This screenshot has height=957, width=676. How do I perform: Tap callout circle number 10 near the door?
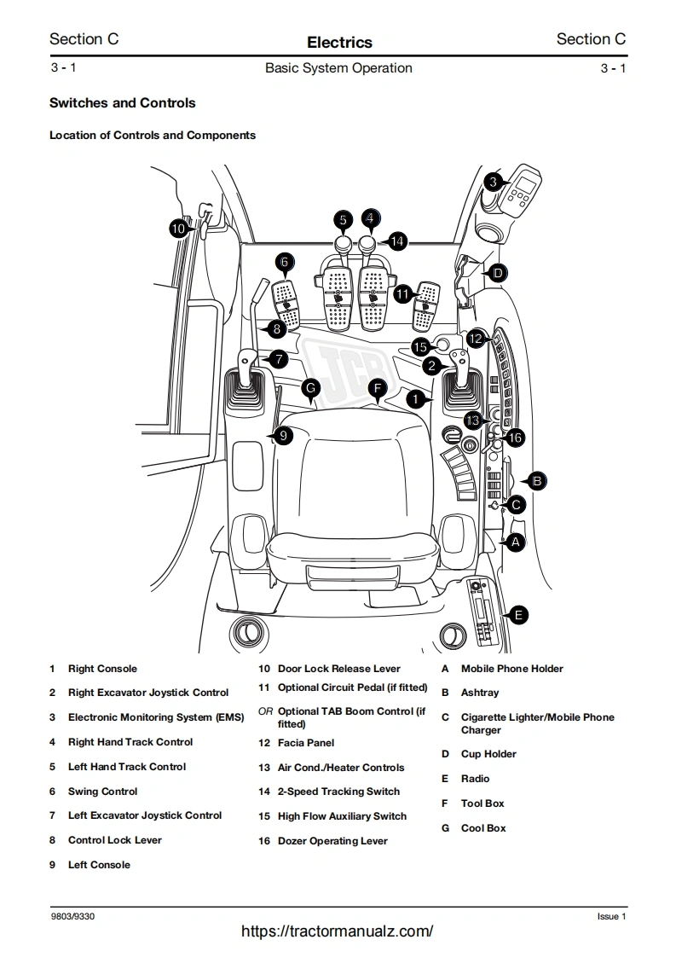point(178,229)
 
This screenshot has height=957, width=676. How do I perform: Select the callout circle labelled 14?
point(397,241)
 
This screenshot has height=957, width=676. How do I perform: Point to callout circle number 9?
point(284,436)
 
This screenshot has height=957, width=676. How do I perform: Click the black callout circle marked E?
point(517,614)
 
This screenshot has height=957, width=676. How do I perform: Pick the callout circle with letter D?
point(498,274)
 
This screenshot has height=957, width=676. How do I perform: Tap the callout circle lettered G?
point(311,387)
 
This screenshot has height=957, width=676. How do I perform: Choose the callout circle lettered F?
point(378,389)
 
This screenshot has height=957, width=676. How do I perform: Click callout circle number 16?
point(514,438)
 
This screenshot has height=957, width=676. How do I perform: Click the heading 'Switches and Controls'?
point(123,103)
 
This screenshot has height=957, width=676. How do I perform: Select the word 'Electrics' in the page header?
point(339,42)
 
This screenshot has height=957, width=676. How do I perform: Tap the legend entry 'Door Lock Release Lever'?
point(338,669)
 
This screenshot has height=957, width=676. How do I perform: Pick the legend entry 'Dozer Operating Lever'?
point(332,841)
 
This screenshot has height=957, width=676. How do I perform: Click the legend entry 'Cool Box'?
point(483,827)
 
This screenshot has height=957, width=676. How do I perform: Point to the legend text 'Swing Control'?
point(102,792)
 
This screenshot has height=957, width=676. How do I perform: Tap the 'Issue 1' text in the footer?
point(611,917)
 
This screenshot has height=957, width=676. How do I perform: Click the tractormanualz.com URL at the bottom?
point(338,931)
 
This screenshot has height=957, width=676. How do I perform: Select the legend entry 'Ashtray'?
point(480,693)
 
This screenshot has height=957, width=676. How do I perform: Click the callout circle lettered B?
point(537,481)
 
